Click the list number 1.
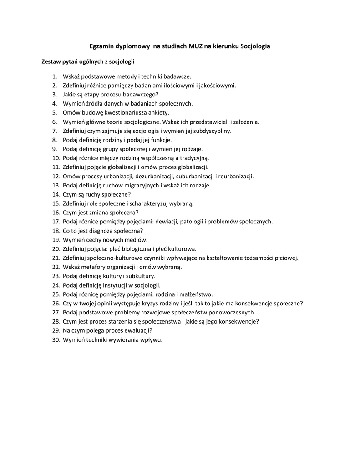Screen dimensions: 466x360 [x=54, y=76]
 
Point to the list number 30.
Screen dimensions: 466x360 [x=56, y=340]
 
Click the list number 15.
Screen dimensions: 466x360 [x=56, y=203]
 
